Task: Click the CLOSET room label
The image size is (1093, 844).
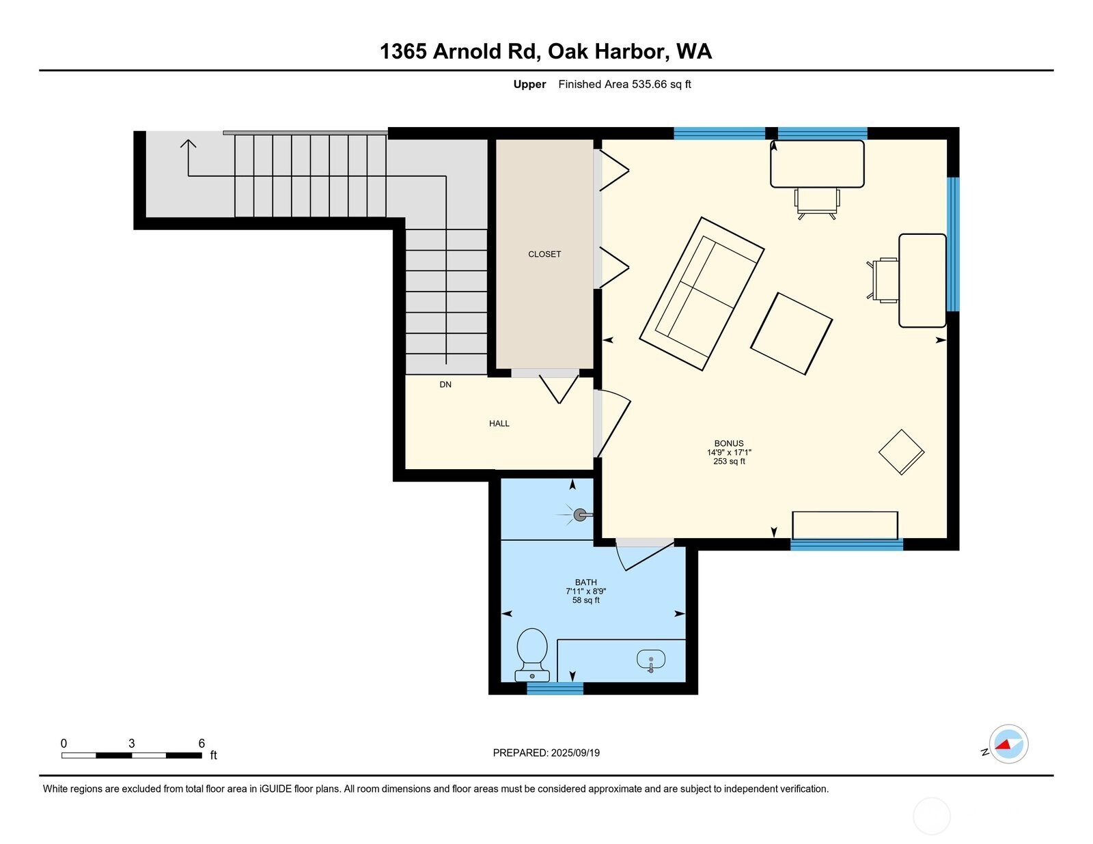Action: click(x=544, y=254)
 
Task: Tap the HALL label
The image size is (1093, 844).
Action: click(x=499, y=423)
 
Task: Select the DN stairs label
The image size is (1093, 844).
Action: click(x=445, y=384)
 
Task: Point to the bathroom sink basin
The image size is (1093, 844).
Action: click(x=650, y=660)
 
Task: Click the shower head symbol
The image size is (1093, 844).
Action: click(x=581, y=515)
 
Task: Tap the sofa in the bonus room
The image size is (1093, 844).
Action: click(x=702, y=294)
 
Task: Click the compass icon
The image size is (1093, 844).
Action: click(x=1008, y=744)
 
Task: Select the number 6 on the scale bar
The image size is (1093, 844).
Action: click(x=202, y=743)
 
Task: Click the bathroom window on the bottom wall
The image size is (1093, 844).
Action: click(x=555, y=688)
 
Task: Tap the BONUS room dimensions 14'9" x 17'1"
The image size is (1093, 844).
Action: click(x=729, y=452)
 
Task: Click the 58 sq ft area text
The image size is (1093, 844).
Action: click(x=586, y=600)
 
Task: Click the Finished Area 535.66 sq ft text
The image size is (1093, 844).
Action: click(x=624, y=84)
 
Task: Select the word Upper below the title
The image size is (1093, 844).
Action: click(x=529, y=84)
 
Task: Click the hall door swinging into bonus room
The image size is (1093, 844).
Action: click(x=613, y=423)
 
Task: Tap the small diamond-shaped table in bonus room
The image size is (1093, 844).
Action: click(x=901, y=452)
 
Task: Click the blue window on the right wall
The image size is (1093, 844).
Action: click(x=953, y=244)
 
